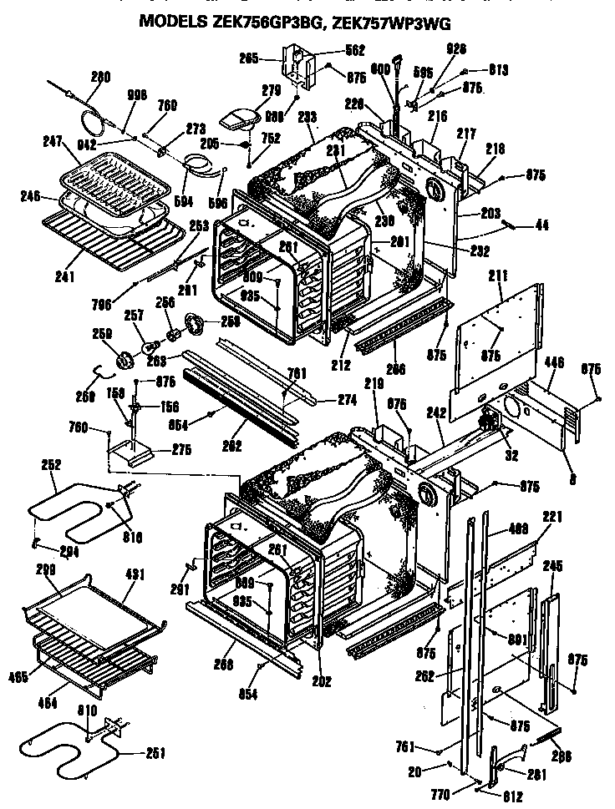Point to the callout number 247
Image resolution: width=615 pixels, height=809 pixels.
pos(53,142)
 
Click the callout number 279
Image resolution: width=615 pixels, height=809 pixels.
pos(248,89)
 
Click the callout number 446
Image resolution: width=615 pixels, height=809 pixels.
pos(554,363)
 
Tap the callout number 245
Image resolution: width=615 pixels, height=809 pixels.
pos(553,565)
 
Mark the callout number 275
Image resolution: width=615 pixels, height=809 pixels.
pos(181,449)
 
